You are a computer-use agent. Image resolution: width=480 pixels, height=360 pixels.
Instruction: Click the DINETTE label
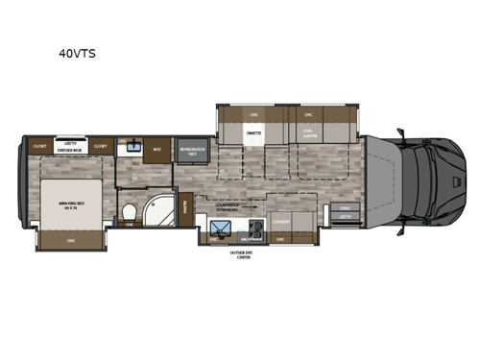(x=254, y=134)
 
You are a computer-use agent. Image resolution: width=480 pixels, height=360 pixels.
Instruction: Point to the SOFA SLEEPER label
(x=309, y=135)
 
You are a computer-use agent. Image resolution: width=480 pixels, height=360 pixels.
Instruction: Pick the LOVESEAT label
(x=281, y=219)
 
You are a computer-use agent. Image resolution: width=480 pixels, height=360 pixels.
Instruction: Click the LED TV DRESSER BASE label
(x=70, y=147)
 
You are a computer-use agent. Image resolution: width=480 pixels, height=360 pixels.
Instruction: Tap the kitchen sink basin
(x=220, y=228)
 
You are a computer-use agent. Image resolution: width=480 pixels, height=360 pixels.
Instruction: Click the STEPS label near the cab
(x=343, y=207)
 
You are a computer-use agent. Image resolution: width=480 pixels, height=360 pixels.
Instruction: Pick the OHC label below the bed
(x=70, y=240)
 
